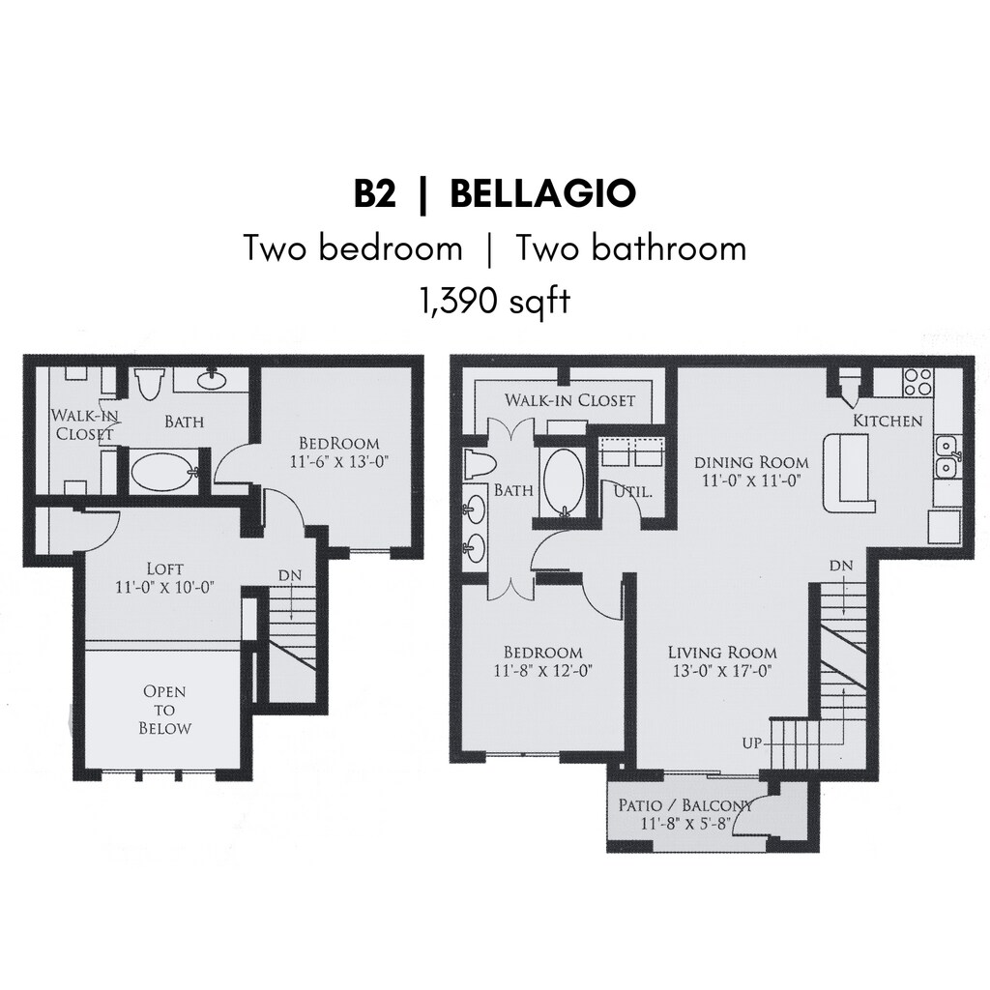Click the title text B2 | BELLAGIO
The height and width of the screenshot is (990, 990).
pos(494,193)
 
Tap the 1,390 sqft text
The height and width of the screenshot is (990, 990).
pos(495,302)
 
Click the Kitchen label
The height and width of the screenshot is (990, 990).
pos(888,421)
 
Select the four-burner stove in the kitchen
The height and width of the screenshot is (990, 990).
pos(918,382)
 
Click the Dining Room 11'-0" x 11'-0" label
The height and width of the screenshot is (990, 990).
pos(751,471)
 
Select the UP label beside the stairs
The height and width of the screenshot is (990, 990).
pos(752,743)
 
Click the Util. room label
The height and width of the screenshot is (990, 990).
pos(633,491)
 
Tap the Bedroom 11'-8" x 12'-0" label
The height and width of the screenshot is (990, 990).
pos(543,661)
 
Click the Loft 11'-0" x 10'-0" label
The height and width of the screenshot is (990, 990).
pos(164,577)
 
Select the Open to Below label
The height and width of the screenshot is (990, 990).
pos(164,710)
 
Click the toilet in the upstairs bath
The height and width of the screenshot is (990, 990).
pos(150,385)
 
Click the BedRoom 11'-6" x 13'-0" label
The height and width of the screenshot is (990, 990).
pos(338,452)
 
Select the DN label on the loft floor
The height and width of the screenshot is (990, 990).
pos(290,576)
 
